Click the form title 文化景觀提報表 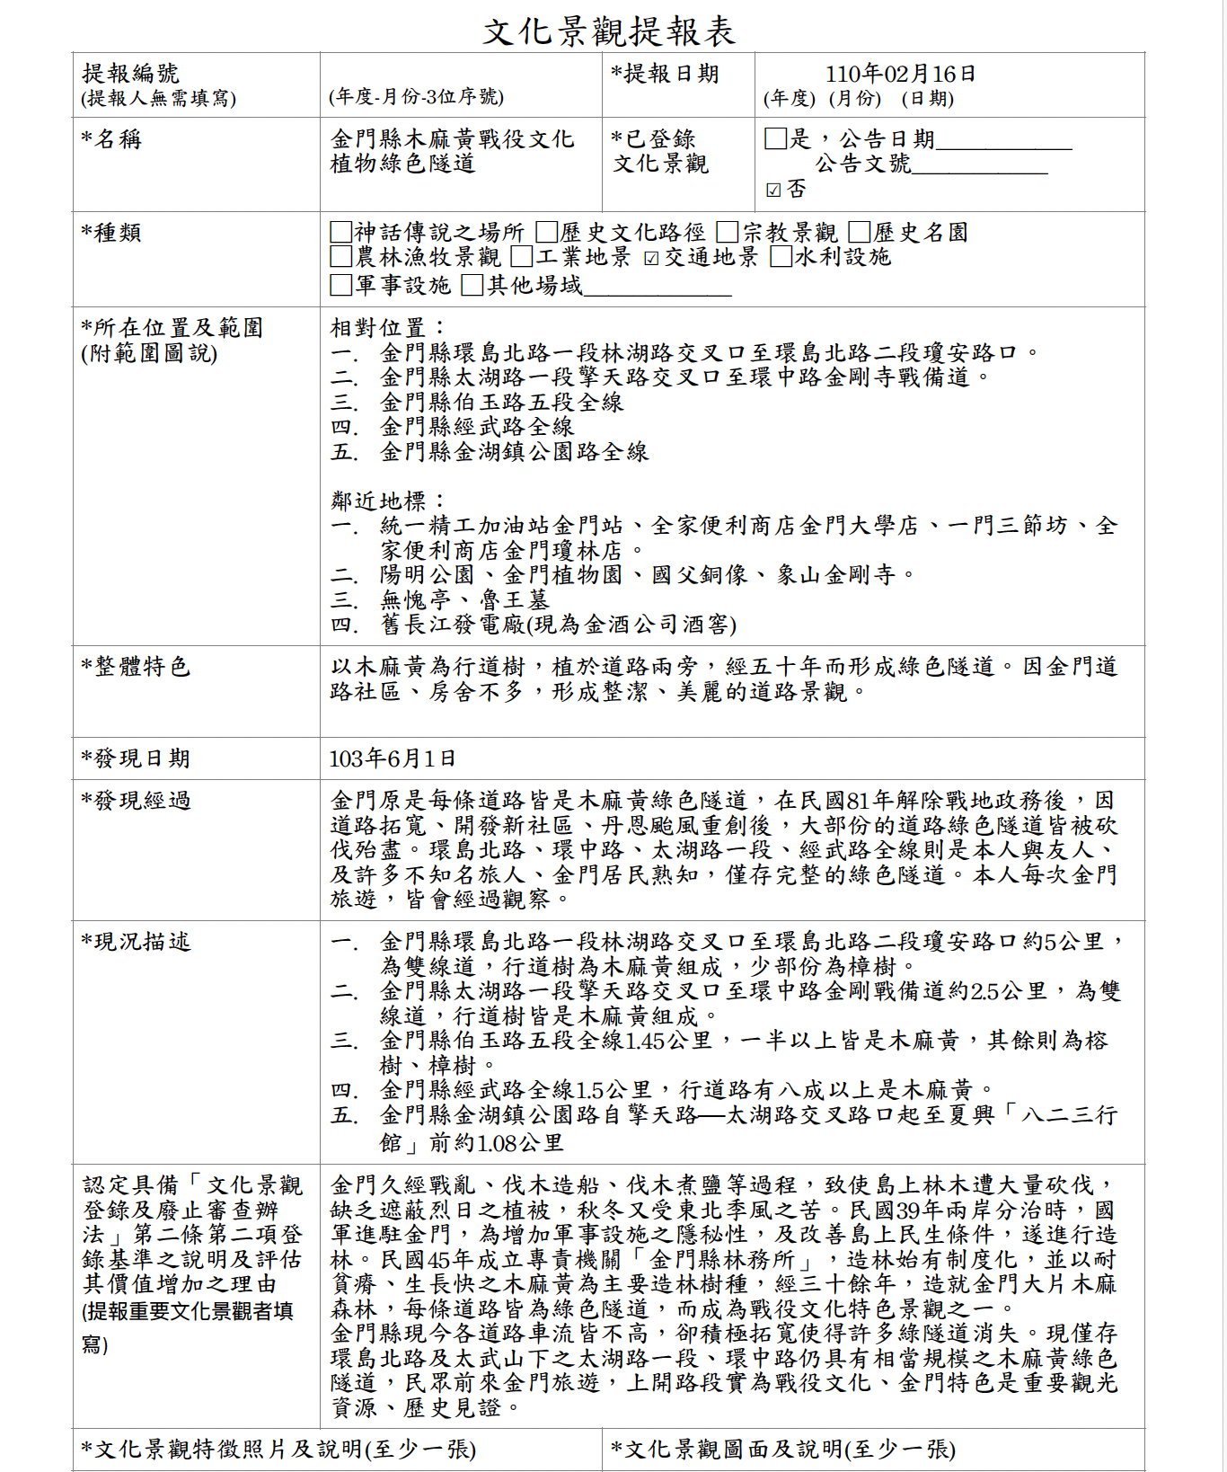(x=609, y=32)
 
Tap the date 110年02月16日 (x=900, y=74)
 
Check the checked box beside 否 (x=773, y=190)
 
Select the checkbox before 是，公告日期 (x=775, y=138)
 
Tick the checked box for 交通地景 (x=652, y=259)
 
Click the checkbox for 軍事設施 (x=340, y=286)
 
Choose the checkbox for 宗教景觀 (x=728, y=233)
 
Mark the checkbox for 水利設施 (x=781, y=257)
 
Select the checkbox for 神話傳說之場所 (x=340, y=233)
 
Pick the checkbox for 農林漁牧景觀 (x=340, y=257)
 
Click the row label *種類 (x=111, y=233)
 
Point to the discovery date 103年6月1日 (x=393, y=758)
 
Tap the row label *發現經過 (x=137, y=801)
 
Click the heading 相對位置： (x=387, y=328)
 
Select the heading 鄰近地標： (x=387, y=501)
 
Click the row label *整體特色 (x=137, y=667)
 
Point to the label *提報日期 (x=666, y=74)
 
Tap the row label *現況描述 (x=137, y=942)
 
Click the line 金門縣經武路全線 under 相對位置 (x=477, y=427)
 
